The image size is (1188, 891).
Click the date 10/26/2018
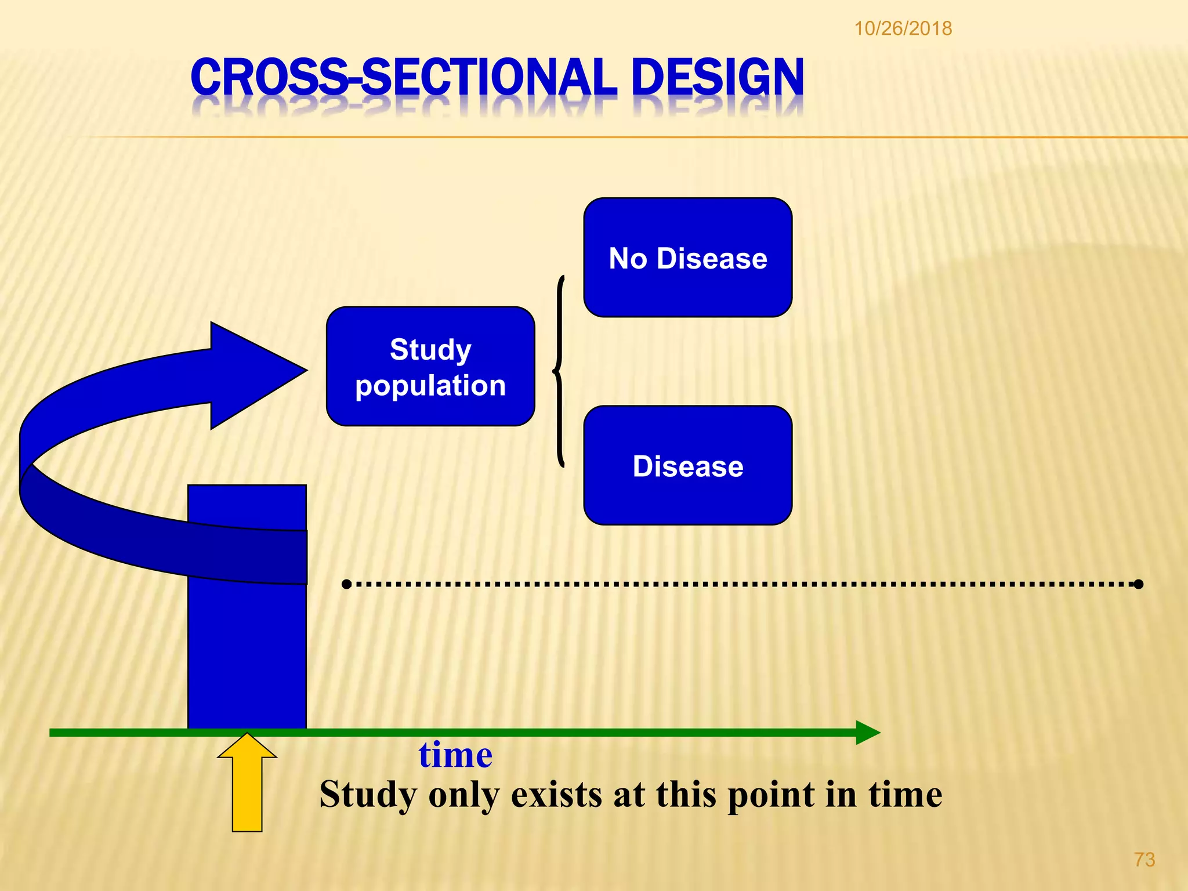click(903, 28)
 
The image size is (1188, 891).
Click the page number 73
click(1144, 860)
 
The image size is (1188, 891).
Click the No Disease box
click(687, 258)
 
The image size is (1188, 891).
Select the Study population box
click(430, 367)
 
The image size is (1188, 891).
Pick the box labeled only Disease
click(687, 466)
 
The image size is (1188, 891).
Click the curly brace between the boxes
click(559, 371)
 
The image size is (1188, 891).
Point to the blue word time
click(455, 755)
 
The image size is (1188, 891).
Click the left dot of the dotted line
click(346, 584)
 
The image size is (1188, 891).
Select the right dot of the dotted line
click(1138, 584)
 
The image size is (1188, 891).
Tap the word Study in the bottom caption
click(368, 795)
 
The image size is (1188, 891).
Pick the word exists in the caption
click(556, 795)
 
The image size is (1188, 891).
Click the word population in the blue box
click(430, 386)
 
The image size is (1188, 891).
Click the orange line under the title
click(638, 137)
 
